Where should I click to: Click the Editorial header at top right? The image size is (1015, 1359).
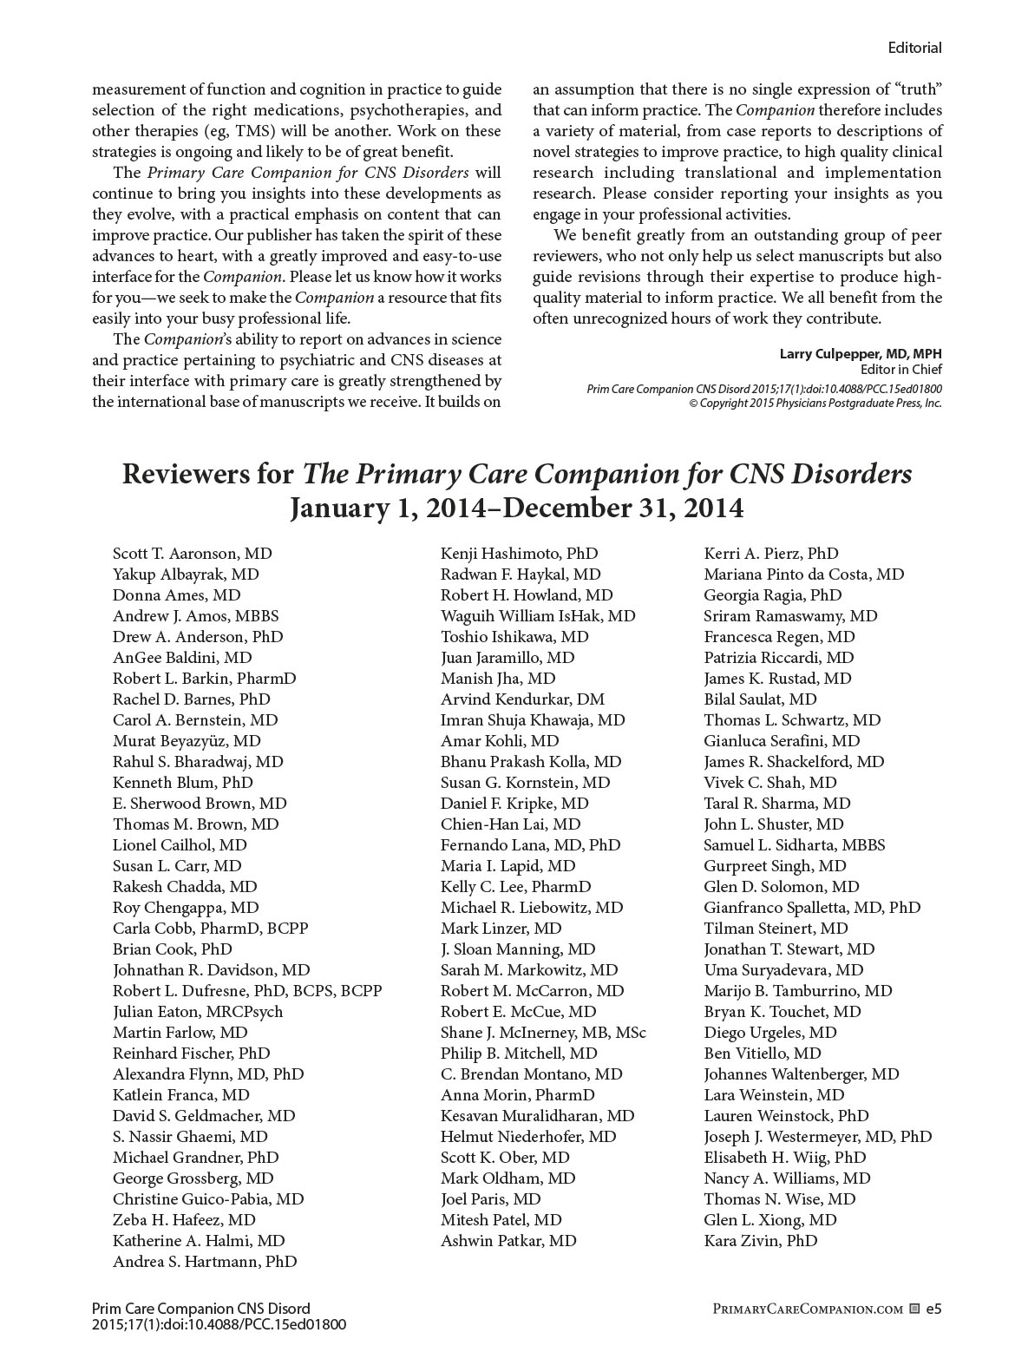pos(914,48)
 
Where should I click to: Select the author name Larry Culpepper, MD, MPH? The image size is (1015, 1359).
pos(860,354)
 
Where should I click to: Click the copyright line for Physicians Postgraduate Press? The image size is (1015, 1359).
pos(815,404)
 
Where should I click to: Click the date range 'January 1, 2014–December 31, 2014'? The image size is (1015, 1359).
pos(516,508)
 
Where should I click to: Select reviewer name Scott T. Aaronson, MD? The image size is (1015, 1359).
pos(192,554)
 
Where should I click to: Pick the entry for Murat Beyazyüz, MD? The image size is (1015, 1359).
pos(187,741)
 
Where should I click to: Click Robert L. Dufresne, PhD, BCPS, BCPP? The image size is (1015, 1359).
pos(247,991)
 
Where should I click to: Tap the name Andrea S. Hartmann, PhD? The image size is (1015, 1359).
pos(205,1262)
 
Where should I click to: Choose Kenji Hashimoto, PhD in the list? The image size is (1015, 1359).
pos(519,554)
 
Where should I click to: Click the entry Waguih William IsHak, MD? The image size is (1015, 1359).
pos(538,616)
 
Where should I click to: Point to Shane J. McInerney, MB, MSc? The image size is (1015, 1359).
pos(543,1033)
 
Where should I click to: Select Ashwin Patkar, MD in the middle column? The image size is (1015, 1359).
pos(508,1241)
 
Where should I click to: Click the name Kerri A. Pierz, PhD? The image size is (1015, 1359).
pos(771,554)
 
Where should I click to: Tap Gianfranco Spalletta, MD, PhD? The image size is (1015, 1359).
pos(812,908)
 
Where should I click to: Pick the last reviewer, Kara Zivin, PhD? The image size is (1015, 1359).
pos(761,1241)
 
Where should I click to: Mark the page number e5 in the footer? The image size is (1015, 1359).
pos(933,1309)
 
